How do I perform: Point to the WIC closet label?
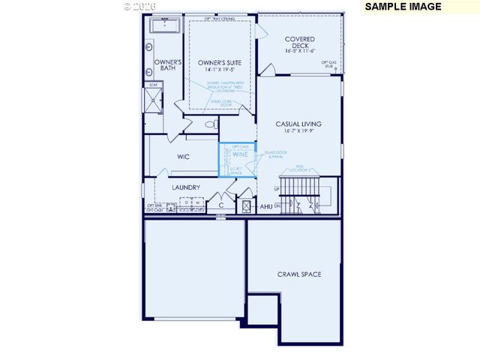click(x=183, y=157)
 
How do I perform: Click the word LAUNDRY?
click(x=185, y=187)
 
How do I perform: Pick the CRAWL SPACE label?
click(x=298, y=274)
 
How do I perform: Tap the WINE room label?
click(x=239, y=154)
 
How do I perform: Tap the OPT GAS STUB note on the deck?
click(x=328, y=64)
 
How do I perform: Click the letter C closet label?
click(x=220, y=204)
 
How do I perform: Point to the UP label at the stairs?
click(x=277, y=188)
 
